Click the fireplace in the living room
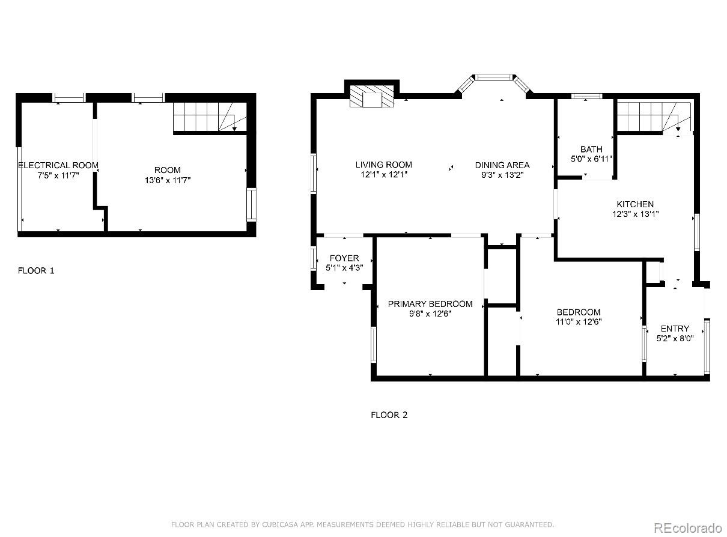pos(372,97)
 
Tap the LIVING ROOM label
pos(383,165)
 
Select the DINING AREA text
pos(502,165)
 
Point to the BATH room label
pos(591,149)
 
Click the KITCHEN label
pos(634,204)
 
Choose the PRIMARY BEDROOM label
pos(430,304)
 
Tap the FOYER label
pos(344,258)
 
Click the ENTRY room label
pos(675,329)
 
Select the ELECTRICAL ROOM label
pos(58,165)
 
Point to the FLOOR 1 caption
pos(36,270)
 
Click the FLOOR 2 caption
pos(389,414)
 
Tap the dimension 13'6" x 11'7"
pos(166,180)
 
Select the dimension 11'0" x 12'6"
pos(578,321)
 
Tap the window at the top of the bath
pos(586,96)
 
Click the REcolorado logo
pos(687,527)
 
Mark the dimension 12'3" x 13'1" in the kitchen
pos(634,213)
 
